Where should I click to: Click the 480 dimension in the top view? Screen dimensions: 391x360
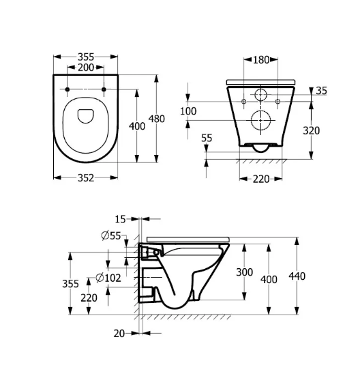(157, 119)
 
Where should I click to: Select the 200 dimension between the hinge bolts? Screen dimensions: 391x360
(86, 68)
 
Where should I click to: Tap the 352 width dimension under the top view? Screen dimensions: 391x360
(85, 178)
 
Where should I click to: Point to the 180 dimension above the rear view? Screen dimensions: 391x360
(261, 59)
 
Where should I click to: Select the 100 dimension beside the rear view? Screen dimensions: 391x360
(188, 111)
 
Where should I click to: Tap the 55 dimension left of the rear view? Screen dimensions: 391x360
(207, 138)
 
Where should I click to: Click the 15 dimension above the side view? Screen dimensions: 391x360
(120, 219)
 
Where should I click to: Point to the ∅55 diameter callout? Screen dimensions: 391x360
(110, 235)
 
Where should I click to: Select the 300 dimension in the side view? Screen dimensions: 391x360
(244, 272)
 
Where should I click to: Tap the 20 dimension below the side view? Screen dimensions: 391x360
(120, 333)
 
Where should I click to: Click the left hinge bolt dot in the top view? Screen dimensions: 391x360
(68, 89)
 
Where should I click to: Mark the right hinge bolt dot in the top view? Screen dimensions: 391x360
(104, 89)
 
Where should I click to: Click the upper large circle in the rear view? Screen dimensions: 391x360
(261, 94)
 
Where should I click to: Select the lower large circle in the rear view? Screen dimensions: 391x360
(261, 120)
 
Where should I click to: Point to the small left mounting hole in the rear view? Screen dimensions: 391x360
(243, 102)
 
